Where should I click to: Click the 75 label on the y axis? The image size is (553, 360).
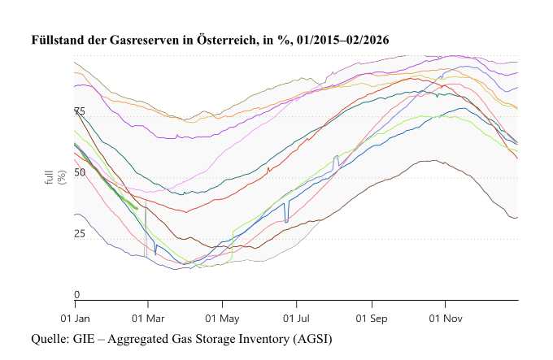(79, 111)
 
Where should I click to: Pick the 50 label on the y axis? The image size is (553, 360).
(79, 173)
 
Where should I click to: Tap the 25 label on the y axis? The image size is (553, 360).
(79, 234)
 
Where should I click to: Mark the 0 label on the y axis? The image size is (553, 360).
(77, 295)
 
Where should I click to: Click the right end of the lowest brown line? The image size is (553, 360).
(517, 217)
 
